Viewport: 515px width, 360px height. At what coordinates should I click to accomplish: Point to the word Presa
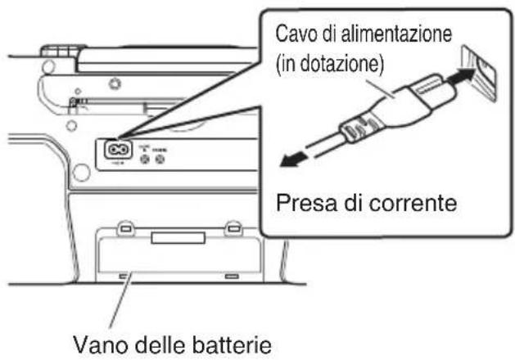pos(307,200)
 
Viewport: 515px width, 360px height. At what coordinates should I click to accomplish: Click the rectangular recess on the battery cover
pos(172,237)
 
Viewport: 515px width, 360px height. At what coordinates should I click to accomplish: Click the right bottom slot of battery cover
pos(233,276)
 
